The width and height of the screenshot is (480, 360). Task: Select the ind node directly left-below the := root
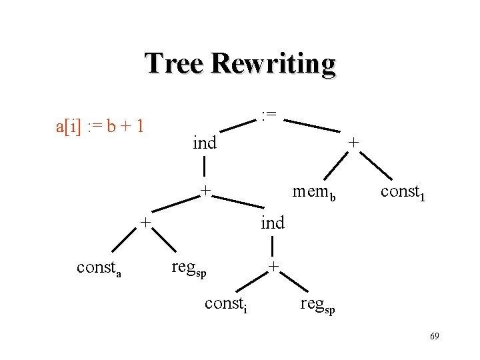tap(204, 143)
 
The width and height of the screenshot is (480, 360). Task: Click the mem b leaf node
tap(314, 193)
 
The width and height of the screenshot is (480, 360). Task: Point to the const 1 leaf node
tap(402, 193)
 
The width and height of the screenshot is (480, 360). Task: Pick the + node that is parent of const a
tap(145, 221)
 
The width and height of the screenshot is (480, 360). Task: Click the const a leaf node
tap(99, 268)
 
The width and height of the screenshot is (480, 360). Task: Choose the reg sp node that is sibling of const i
tap(317, 305)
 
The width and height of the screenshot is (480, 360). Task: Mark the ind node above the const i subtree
tap(272, 222)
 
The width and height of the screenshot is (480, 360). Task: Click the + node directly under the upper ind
tap(207, 191)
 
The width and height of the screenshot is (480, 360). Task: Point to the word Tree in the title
tap(174, 64)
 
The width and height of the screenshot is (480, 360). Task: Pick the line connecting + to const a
tap(119, 242)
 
